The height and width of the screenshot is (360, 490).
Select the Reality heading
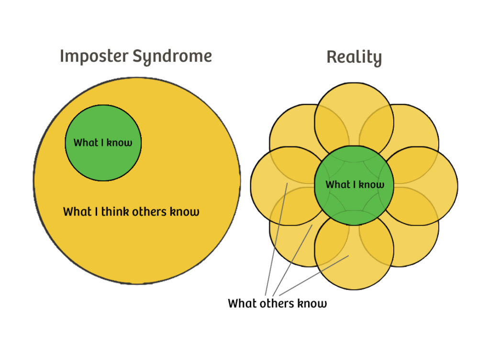354,57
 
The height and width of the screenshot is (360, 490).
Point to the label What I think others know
131,211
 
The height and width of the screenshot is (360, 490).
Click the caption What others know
277,303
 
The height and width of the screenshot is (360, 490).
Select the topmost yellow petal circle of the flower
354,103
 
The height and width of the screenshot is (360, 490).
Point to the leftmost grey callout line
277,239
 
